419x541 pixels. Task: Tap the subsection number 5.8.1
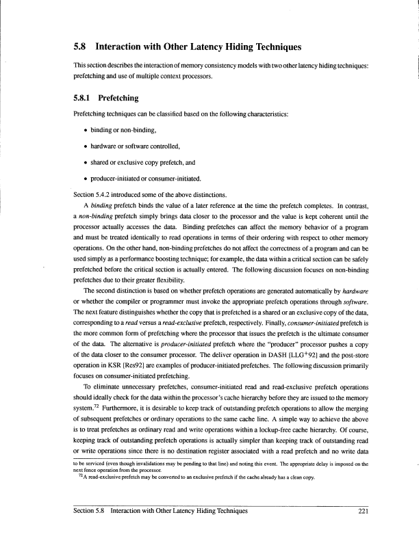click(85, 98)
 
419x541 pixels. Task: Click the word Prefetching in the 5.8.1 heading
click(129, 98)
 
